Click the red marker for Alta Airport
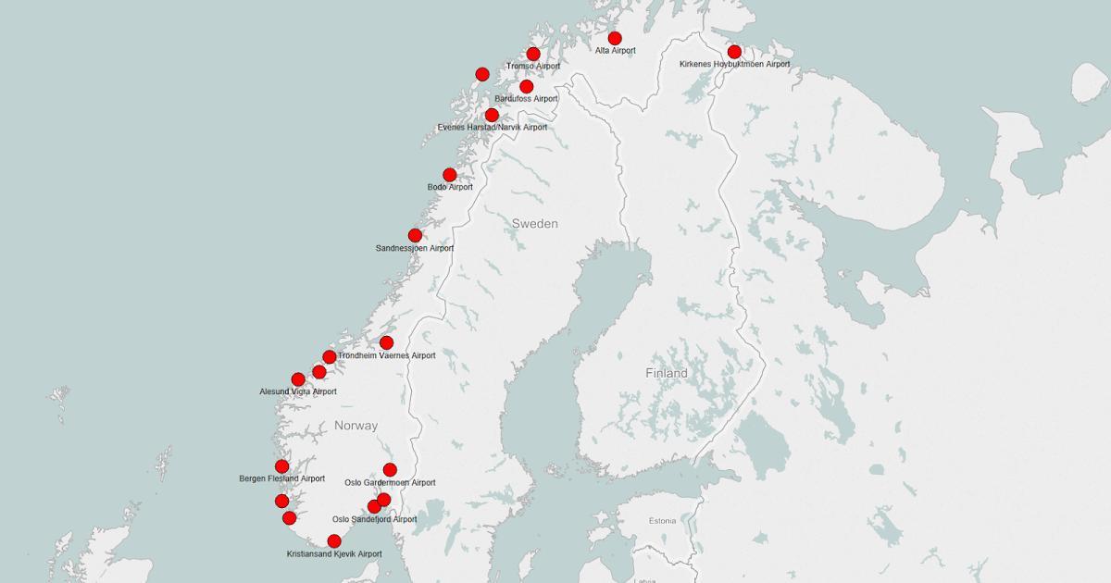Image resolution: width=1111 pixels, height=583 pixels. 615,38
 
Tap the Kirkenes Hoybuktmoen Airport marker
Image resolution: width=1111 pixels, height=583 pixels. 734,52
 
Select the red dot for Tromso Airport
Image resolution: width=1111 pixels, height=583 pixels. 533,54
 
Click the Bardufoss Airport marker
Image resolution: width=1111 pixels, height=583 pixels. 526,86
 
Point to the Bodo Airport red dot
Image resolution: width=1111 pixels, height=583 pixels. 450,175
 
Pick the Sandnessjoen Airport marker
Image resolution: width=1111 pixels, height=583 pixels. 415,235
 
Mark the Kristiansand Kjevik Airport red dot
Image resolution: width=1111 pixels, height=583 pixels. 334,541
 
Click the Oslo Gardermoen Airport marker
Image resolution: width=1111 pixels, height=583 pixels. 390,469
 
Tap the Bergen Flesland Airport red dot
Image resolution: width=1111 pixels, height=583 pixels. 281,466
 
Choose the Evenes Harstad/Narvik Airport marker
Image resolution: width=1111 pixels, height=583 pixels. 492,115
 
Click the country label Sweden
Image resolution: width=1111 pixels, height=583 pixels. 535,224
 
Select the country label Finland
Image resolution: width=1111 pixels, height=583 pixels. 667,373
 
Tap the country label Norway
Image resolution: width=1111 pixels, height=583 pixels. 356,426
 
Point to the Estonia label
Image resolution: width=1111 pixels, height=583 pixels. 662,520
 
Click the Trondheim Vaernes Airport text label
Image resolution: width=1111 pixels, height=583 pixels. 386,355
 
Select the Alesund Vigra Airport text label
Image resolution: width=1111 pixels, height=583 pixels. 298,391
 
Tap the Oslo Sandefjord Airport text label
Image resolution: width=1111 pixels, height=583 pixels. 374,519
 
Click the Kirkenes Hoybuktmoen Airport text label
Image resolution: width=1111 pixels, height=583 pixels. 734,64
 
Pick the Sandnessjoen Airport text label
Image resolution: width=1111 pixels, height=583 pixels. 415,248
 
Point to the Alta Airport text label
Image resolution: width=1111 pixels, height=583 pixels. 615,50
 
